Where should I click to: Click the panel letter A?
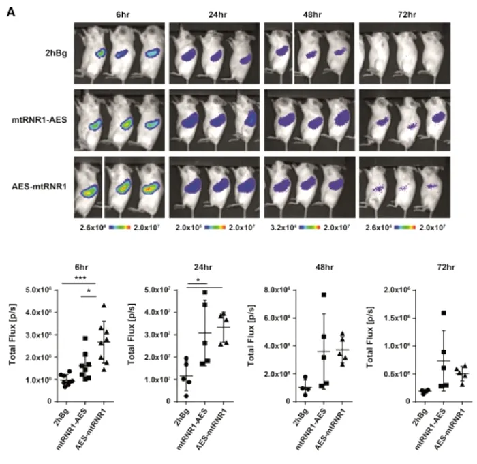click(x=10, y=12)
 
